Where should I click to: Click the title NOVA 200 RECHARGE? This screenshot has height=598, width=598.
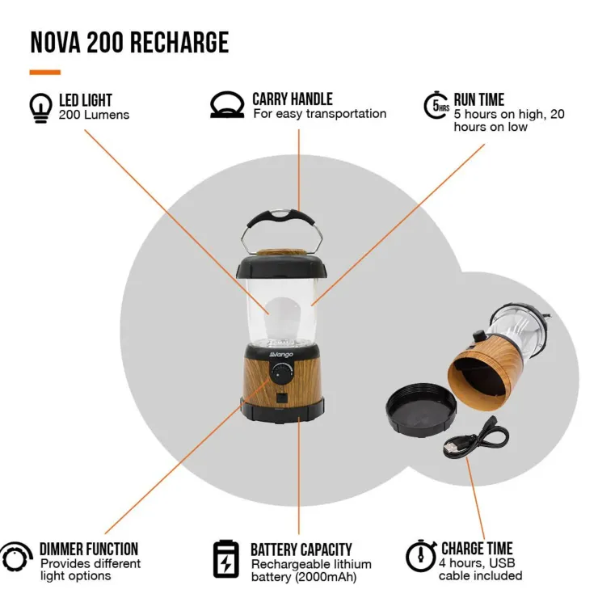tap(129, 42)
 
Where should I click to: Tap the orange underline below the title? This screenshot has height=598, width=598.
tap(45, 72)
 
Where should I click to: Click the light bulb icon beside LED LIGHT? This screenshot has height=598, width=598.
tap(40, 108)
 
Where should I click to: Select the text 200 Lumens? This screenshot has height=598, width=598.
tap(94, 115)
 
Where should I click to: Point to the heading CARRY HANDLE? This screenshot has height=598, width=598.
tap(293, 99)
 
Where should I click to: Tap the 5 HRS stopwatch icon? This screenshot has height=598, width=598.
tap(436, 105)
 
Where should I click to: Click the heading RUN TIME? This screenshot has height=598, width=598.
tap(479, 100)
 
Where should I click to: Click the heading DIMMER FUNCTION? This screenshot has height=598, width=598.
tap(89, 550)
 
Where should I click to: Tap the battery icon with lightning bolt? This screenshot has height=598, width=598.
tap(225, 559)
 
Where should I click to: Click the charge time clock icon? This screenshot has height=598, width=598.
tap(421, 555)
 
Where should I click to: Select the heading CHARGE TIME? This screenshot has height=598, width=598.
tap(477, 549)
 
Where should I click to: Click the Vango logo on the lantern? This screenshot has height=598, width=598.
tap(281, 355)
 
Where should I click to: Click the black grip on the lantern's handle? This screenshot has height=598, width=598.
tap(281, 218)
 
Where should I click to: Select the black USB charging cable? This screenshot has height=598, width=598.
tap(476, 437)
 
